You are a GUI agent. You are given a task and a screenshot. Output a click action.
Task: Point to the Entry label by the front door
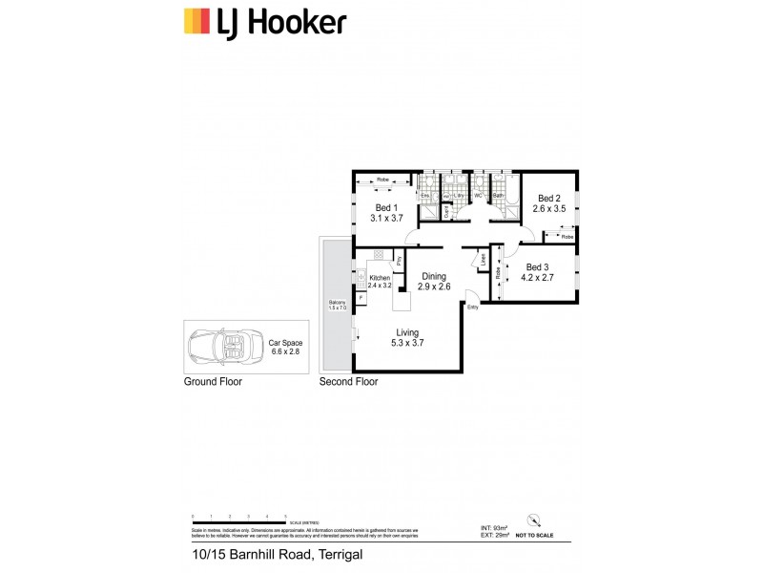tap(472, 308)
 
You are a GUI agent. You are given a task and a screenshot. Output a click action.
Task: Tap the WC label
tap(478, 196)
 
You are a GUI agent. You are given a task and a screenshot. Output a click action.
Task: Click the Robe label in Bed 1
tap(381, 179)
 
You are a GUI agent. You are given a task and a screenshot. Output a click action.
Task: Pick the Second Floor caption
tap(348, 381)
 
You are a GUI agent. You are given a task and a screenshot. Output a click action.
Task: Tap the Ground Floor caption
tap(213, 381)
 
